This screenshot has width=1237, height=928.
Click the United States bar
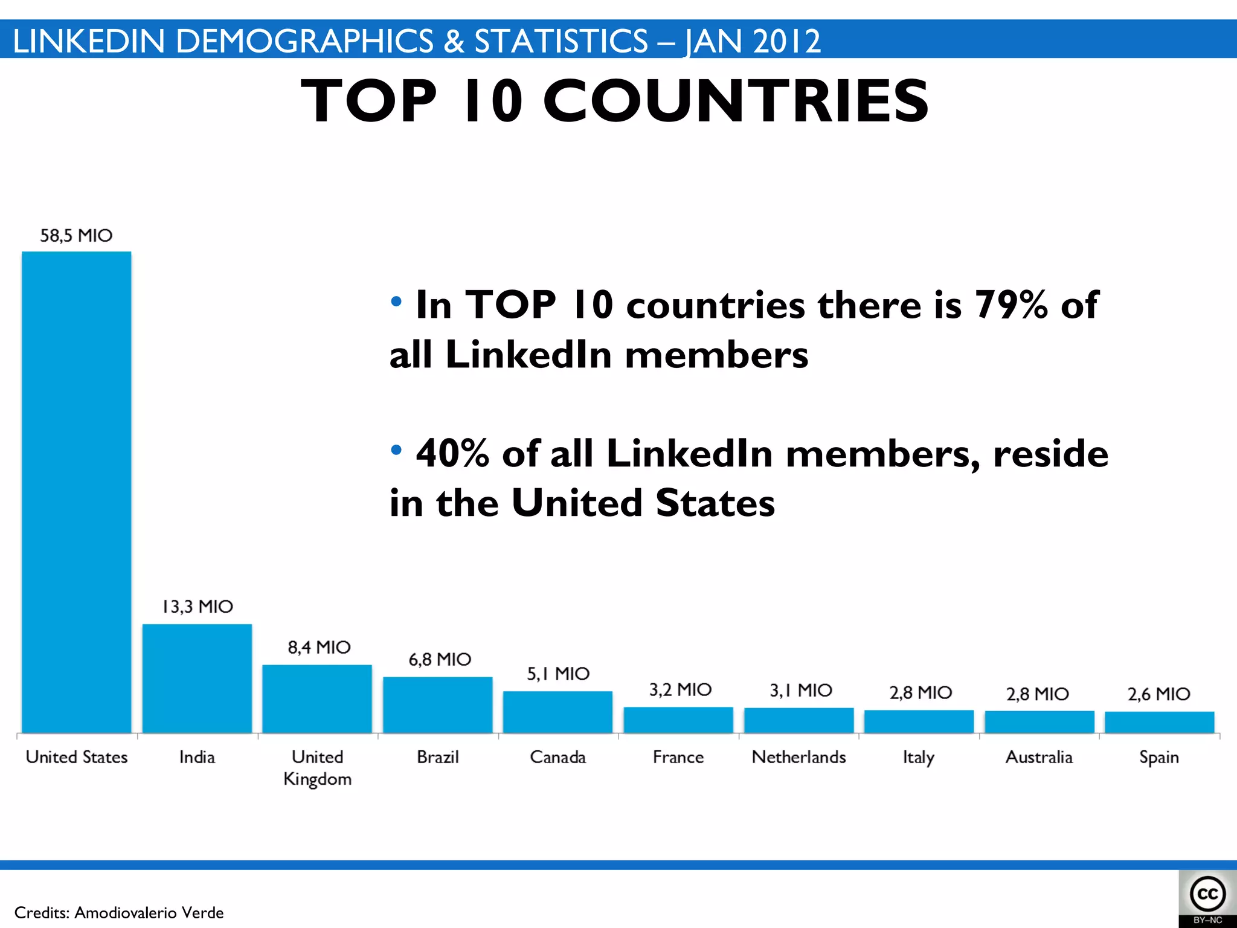(x=77, y=492)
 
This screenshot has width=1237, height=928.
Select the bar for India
(x=197, y=678)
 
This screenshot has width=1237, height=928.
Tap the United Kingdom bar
(x=317, y=699)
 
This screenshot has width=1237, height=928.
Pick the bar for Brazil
(x=438, y=705)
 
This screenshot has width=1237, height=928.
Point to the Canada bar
(x=557, y=712)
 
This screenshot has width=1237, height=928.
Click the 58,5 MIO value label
(x=77, y=236)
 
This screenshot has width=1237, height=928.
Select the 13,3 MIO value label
(x=198, y=607)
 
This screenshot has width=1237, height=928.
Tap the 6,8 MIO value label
(x=440, y=659)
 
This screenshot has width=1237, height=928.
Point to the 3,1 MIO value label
(x=801, y=690)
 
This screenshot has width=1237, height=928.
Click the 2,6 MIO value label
(x=1158, y=694)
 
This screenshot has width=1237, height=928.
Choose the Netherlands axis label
(x=798, y=757)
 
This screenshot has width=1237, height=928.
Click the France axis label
(x=678, y=757)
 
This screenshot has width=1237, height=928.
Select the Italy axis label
(x=919, y=758)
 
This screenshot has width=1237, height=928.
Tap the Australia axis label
(x=1039, y=757)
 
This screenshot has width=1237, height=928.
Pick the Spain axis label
(x=1159, y=758)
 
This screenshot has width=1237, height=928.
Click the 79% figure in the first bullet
(x=1011, y=304)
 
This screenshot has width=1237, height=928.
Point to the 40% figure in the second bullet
(x=452, y=453)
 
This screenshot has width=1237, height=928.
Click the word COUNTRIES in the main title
(x=736, y=101)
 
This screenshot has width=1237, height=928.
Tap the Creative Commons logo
(x=1207, y=895)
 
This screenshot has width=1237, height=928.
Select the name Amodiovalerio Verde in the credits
(x=149, y=912)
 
